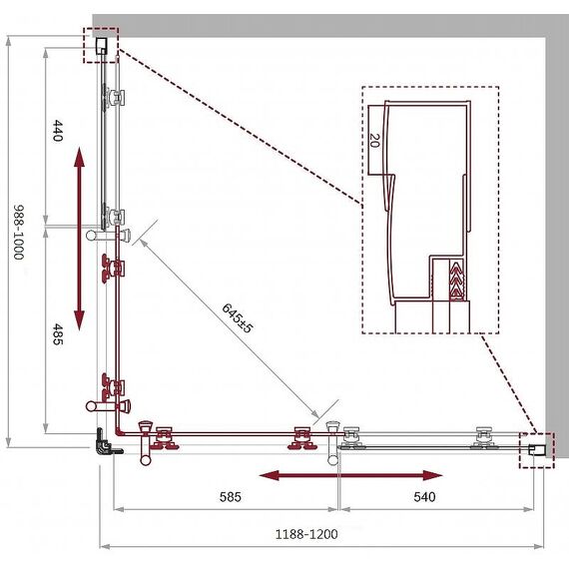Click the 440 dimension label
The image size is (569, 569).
[x=58, y=131]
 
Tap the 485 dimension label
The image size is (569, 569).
[x=58, y=334]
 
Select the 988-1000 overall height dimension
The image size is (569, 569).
[x=19, y=233]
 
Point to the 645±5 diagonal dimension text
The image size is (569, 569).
[x=237, y=318]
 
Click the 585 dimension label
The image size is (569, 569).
[x=230, y=497]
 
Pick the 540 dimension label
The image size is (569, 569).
[x=424, y=497]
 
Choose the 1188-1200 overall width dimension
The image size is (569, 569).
[x=306, y=534]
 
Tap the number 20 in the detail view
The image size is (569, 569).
[x=374, y=141]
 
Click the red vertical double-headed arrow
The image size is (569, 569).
[x=79, y=240]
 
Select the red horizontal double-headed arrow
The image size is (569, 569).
[x=351, y=475]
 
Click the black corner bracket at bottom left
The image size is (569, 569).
[x=107, y=442]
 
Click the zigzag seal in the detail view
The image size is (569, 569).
[x=456, y=281]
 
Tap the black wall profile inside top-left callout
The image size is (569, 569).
[x=102, y=46]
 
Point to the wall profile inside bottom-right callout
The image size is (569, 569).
[x=537, y=450]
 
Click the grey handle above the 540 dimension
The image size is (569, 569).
[x=333, y=443]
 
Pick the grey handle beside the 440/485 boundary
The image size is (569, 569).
[x=109, y=236]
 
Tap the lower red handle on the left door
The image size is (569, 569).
[x=109, y=405]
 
